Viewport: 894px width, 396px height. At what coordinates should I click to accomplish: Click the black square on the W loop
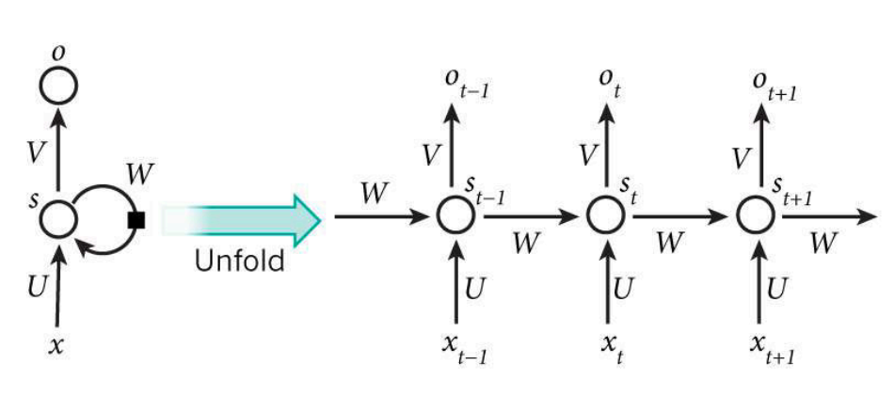click(x=136, y=220)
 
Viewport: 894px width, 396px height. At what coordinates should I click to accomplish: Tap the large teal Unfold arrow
click(x=239, y=220)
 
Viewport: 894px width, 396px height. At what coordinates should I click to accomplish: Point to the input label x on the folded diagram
click(x=56, y=345)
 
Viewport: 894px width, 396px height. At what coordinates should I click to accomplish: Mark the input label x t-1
click(x=464, y=348)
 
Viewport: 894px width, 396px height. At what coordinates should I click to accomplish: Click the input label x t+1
click(x=772, y=348)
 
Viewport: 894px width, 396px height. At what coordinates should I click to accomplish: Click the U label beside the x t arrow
click(x=624, y=289)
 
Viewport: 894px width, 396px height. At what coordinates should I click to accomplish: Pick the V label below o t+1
click(x=741, y=159)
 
